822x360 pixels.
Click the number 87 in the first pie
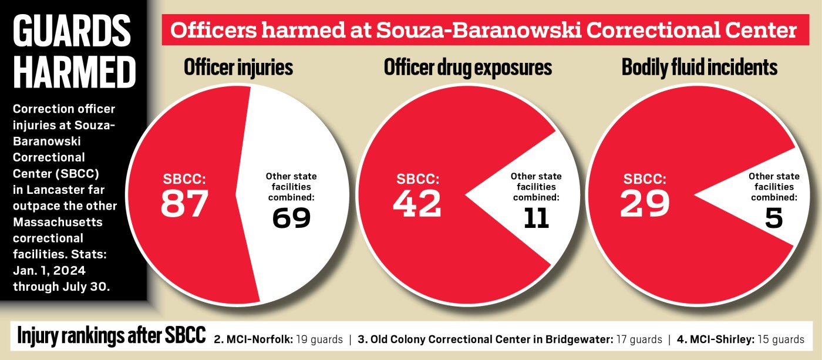[x=184, y=203]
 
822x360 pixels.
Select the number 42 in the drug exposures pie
[x=417, y=203]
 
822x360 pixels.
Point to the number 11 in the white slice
[x=535, y=218]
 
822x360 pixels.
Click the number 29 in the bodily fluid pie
[x=645, y=203]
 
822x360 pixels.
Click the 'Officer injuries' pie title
[x=238, y=68]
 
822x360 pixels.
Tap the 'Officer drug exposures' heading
[x=467, y=68]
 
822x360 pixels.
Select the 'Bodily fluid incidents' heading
[x=699, y=68]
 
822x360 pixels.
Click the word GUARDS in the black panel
[x=72, y=31]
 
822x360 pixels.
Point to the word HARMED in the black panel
[x=74, y=73]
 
